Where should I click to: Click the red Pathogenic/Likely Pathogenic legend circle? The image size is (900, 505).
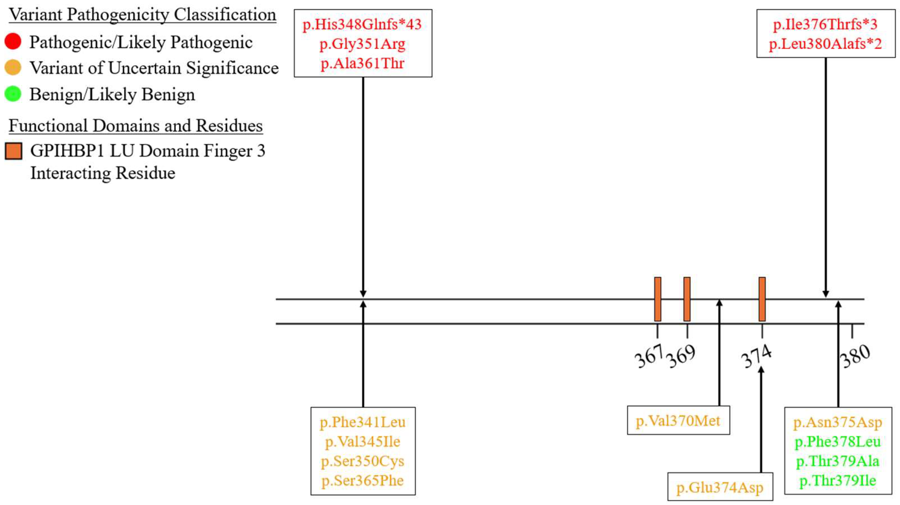click(13, 42)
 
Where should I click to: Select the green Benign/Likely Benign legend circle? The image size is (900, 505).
click(13, 94)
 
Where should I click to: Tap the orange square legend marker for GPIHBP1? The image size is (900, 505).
click(13, 151)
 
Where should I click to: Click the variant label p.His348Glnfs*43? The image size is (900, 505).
click(362, 25)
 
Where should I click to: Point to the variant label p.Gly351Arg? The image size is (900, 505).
click(362, 44)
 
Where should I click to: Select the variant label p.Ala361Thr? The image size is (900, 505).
click(362, 64)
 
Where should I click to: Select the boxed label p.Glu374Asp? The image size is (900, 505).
click(720, 488)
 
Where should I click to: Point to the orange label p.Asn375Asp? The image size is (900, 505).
click(838, 423)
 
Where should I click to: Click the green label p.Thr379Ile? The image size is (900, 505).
click(838, 481)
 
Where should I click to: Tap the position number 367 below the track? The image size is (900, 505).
click(649, 356)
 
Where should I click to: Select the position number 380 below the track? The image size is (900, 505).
click(855, 356)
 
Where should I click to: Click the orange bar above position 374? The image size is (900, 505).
click(762, 299)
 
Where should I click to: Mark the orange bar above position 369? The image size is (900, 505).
click(687, 299)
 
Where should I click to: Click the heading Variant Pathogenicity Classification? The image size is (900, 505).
click(142, 15)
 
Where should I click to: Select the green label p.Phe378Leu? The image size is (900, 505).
click(838, 442)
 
